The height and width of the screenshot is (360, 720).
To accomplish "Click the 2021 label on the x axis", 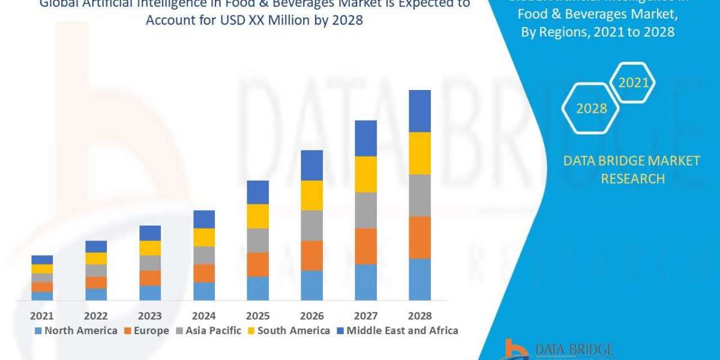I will pyautogui.click(x=42, y=316).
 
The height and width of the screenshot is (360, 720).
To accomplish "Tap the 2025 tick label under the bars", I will pyautogui.click(x=258, y=316).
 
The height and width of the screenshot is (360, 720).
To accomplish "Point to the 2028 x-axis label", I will pyautogui.click(x=420, y=316).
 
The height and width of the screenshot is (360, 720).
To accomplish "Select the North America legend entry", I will pyautogui.click(x=76, y=331).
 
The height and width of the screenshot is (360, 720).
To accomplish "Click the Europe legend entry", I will pyautogui.click(x=147, y=331).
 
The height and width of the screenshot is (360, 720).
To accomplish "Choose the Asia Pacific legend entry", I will pyautogui.click(x=208, y=331).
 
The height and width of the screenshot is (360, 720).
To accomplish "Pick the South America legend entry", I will pyautogui.click(x=289, y=331).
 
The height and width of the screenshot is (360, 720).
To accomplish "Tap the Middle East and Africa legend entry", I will pyautogui.click(x=397, y=331).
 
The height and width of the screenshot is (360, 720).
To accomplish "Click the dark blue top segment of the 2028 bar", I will pyautogui.click(x=420, y=111).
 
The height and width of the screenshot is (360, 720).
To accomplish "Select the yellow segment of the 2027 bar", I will pyautogui.click(x=366, y=174).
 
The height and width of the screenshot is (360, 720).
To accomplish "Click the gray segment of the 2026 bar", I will pyautogui.click(x=312, y=225).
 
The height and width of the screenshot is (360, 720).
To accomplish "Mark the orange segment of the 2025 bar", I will pyautogui.click(x=258, y=264).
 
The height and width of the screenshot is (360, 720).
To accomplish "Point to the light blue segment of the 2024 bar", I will pyautogui.click(x=204, y=291).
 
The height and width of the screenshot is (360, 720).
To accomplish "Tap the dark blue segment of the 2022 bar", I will pyautogui.click(x=96, y=247).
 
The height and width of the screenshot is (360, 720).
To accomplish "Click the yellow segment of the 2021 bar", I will pyautogui.click(x=42, y=269).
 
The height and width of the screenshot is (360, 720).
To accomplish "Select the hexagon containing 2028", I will pyautogui.click(x=591, y=109).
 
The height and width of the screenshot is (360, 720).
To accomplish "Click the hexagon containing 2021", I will pyautogui.click(x=634, y=83).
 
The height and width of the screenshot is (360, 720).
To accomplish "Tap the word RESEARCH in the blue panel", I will pyautogui.click(x=632, y=179).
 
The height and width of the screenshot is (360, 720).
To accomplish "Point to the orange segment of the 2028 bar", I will pyautogui.click(x=420, y=238).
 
